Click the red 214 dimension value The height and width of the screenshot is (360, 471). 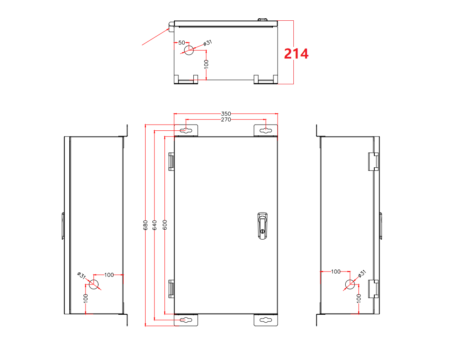point(296,54)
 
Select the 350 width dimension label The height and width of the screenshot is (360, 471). point(226,113)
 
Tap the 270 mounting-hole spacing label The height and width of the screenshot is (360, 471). point(226,120)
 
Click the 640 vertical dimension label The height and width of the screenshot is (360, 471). point(155,225)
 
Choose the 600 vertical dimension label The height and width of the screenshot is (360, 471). point(165,225)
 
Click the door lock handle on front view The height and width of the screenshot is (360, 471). point(262,225)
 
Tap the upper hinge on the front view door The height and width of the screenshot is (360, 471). point(171,161)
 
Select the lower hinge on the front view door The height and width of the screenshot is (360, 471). point(171,289)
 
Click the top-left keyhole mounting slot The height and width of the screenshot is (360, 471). point(186,131)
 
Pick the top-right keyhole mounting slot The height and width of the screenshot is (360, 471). point(266,131)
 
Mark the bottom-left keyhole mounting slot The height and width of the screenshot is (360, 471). point(186,320)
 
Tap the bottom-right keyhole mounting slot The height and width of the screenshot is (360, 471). point(266,320)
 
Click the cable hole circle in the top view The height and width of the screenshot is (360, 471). point(189,50)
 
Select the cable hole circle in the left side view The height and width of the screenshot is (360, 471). point(94,284)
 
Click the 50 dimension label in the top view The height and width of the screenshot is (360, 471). point(181,43)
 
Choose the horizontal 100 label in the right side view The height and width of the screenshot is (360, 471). point(335,272)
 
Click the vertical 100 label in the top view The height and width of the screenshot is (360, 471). point(206,64)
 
